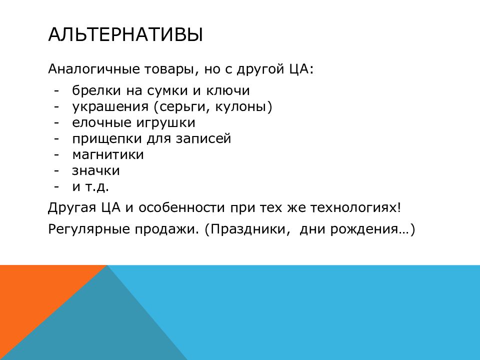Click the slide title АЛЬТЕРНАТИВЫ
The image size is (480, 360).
pos(125,34)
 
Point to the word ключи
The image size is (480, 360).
pos(228,90)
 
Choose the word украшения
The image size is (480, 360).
pos(110,107)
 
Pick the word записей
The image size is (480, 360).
pos(203,139)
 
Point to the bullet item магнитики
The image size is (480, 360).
pos(108,155)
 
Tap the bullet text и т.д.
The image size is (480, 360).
pos(90,186)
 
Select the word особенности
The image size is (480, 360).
pos(181,207)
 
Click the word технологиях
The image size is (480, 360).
pos(355,208)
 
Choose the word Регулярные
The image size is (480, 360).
pos(89,229)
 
